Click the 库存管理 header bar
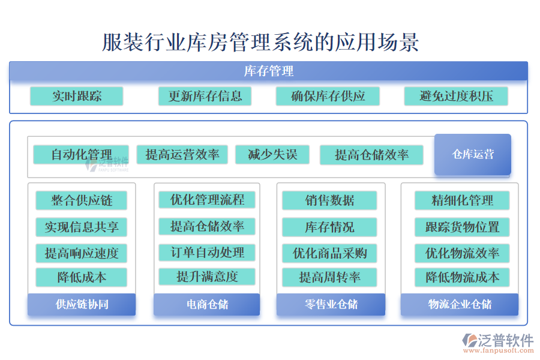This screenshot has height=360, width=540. tap(269, 71)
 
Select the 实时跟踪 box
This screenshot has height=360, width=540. tap(76, 96)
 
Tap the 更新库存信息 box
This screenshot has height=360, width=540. tap(205, 96)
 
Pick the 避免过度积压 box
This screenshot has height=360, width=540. tap(456, 96)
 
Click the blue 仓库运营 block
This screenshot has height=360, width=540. tap(473, 154)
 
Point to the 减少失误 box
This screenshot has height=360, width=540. tap(272, 155)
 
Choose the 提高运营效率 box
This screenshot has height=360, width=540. tap(182, 155)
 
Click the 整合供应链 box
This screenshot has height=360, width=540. tap(82, 200)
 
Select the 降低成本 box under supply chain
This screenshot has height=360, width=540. tap(82, 277)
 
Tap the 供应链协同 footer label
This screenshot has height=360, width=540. tap(82, 304)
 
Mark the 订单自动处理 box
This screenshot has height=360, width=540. tap(207, 253)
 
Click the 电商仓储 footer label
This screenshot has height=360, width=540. tap(207, 304)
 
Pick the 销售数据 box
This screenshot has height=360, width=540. tap(329, 200)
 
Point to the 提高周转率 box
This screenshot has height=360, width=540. tap(329, 277)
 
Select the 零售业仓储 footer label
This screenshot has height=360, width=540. tap(331, 304)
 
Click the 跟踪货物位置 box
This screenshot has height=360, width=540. tap(462, 227)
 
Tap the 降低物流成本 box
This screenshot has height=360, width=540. tap(462, 277)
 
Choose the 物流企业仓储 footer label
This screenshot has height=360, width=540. tap(460, 304)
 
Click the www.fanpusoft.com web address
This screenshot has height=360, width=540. tap(499, 350)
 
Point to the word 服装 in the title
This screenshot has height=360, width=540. tap(122, 43)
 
